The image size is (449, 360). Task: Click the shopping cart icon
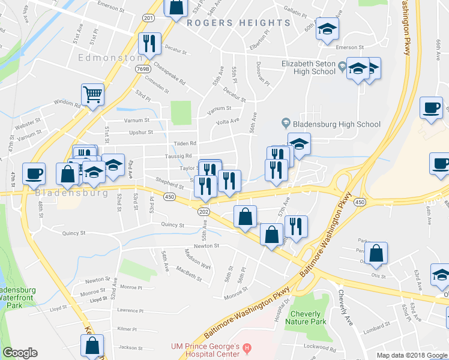(92, 94)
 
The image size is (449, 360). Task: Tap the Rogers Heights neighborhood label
(238, 23)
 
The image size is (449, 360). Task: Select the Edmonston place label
(109, 58)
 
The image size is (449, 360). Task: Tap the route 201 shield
(149, 18)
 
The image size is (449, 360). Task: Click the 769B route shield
(142, 70)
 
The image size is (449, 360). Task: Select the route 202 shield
(204, 211)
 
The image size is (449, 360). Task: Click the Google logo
(20, 353)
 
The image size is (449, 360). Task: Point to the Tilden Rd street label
(185, 143)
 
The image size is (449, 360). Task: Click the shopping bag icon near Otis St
(376, 254)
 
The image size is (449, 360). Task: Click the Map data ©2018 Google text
(412, 355)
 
